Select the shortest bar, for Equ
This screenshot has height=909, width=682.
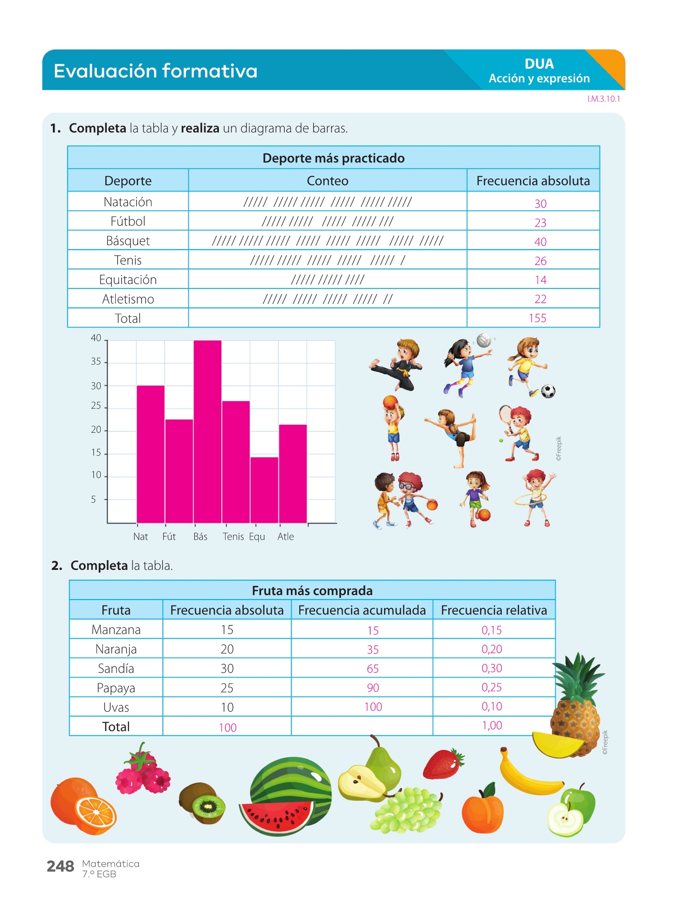pyautogui.click(x=264, y=490)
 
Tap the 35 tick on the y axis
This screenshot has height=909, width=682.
pyautogui.click(x=96, y=362)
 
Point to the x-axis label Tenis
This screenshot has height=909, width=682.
pyautogui.click(x=233, y=537)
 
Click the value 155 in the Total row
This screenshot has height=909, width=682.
pyautogui.click(x=537, y=318)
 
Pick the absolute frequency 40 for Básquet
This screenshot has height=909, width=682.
pyautogui.click(x=540, y=242)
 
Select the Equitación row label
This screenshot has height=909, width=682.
pyautogui.click(x=128, y=280)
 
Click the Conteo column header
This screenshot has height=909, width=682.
pyautogui.click(x=327, y=181)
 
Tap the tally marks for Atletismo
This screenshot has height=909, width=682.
pyautogui.click(x=328, y=299)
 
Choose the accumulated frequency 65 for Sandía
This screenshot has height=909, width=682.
pyautogui.click(x=373, y=669)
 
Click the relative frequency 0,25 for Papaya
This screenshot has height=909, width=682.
pyautogui.click(x=492, y=688)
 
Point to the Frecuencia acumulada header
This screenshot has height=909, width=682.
pyautogui.click(x=362, y=610)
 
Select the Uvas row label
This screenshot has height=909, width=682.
pyautogui.click(x=116, y=707)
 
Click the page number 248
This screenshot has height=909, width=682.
pyautogui.click(x=60, y=866)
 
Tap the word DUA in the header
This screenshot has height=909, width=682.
pyautogui.click(x=539, y=64)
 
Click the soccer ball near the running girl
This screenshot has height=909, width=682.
pyautogui.click(x=548, y=391)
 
